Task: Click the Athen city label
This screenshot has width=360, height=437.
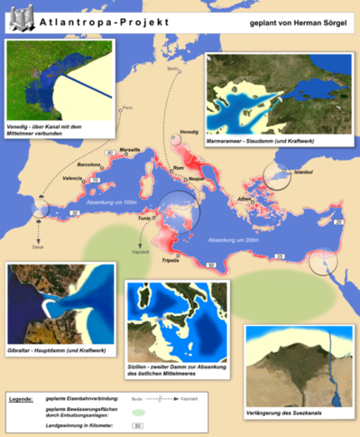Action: click(x=243, y=198)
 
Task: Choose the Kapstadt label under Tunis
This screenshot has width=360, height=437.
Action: click(x=138, y=255)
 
